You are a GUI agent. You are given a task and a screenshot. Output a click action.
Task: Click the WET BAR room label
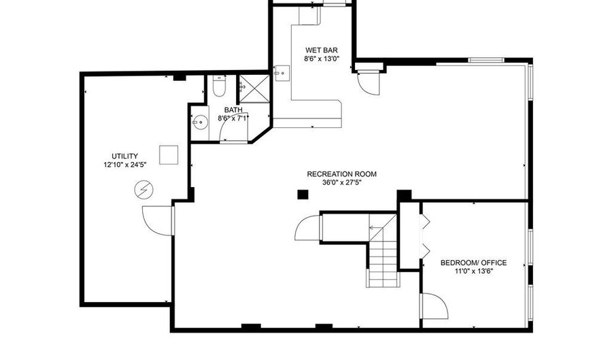[322, 50]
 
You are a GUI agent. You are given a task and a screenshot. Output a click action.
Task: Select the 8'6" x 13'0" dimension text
[322, 59]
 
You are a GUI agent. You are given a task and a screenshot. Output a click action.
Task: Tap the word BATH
[233, 110]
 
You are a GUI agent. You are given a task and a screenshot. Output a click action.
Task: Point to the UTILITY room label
[125, 156]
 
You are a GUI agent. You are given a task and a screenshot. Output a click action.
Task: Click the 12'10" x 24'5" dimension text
[125, 165]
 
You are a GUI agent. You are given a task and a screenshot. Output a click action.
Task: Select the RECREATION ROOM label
[341, 174]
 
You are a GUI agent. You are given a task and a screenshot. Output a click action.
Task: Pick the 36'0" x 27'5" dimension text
[341, 182]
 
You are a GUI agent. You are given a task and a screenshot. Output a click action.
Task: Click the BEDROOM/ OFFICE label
[473, 263]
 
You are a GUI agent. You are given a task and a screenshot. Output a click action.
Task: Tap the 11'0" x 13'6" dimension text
[473, 272]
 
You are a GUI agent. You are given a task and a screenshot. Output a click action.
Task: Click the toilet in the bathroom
[218, 87]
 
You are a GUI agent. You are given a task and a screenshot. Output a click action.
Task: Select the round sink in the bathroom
[199, 123]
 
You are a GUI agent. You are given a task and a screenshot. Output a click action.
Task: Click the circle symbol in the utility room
[144, 189]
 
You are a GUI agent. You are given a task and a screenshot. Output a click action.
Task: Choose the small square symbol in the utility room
[168, 154]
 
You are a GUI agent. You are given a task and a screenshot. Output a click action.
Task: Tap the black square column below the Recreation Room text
[303, 195]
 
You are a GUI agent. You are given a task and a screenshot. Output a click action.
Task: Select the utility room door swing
[157, 219]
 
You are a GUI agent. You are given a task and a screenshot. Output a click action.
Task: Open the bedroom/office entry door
[434, 306]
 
